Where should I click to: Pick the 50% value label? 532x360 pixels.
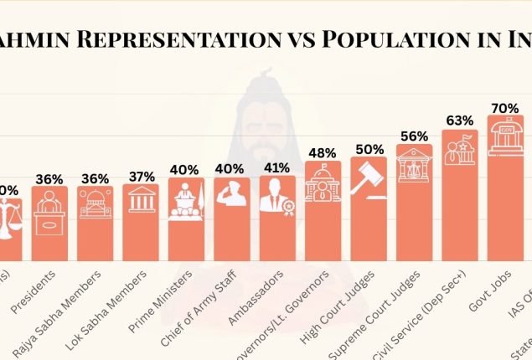tap(369, 149)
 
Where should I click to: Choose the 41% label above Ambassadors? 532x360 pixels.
tap(277, 167)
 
